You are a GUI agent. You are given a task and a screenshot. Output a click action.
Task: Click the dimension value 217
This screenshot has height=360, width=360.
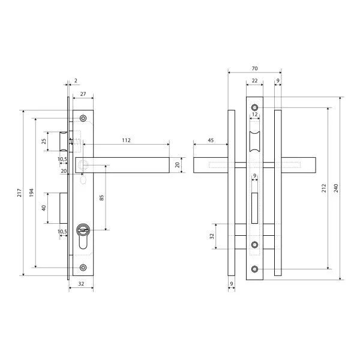pos(20,193)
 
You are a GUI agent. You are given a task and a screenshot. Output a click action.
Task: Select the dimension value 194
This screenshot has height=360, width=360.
pos(32,193)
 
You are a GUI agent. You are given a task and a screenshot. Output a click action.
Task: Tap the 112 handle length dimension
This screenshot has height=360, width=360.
pos(126,140)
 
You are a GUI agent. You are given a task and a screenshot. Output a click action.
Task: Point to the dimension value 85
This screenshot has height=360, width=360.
pos(101,197)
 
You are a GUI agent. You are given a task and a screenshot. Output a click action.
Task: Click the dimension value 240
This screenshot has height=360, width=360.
pos(336,188)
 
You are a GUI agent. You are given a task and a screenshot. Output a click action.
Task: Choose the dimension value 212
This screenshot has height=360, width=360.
pos(324,188)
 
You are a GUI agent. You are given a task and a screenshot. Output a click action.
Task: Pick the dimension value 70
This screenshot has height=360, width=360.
pos(254,68)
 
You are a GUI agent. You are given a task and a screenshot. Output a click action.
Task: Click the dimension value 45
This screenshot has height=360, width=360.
pos(211,140)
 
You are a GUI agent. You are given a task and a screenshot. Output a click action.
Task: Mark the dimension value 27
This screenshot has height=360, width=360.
pos(83,94)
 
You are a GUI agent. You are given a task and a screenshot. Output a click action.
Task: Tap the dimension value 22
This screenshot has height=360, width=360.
pos(254,81)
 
